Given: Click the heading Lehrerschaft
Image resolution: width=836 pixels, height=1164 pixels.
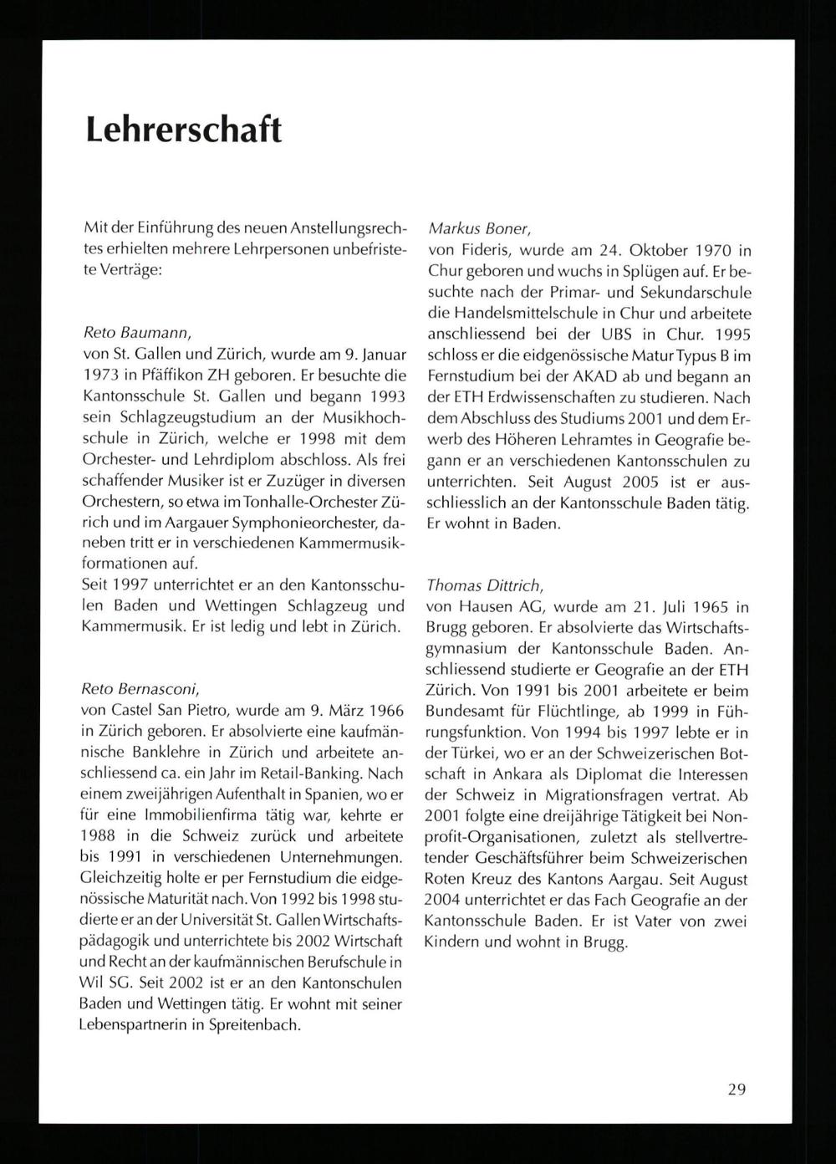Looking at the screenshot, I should tap(182, 130).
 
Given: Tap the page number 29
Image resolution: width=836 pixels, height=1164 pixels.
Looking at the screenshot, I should tap(736, 1089).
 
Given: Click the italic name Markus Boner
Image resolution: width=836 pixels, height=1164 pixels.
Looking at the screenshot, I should tap(472, 228).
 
